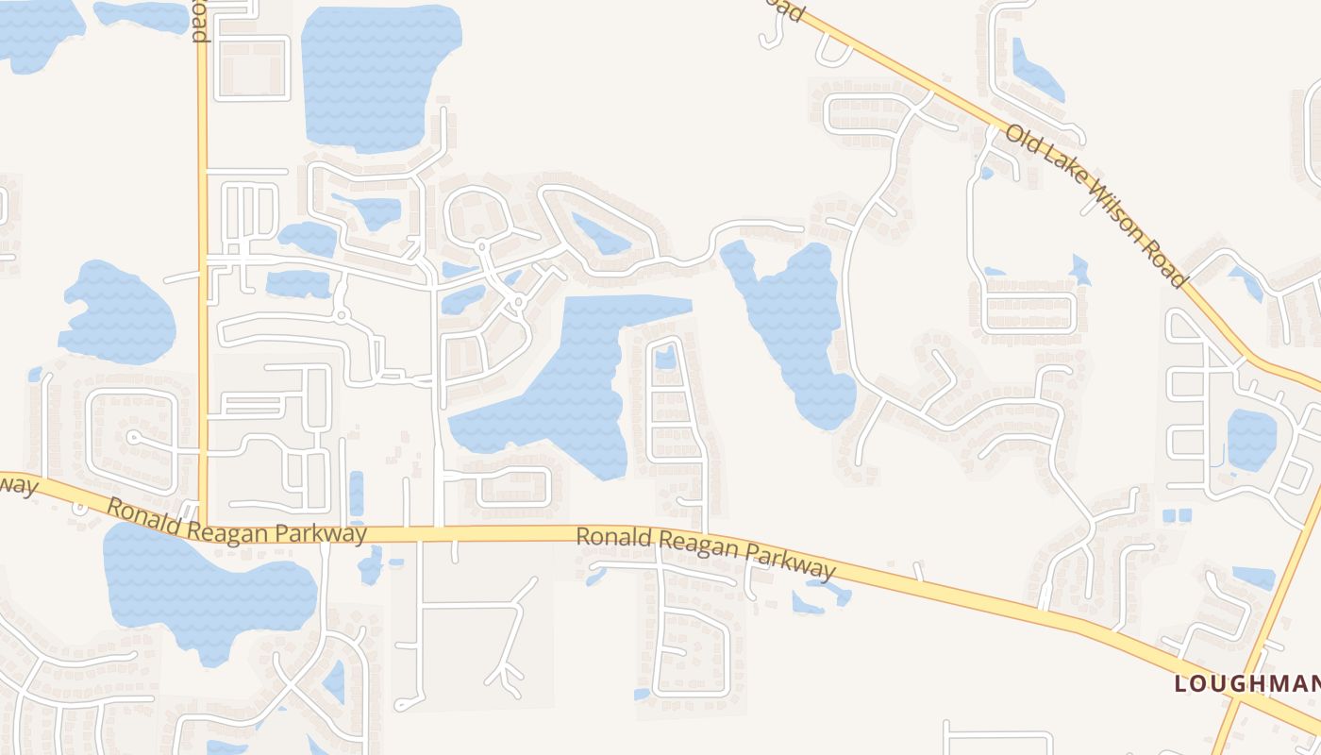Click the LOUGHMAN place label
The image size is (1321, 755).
point(1246,683)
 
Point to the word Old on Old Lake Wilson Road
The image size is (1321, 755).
point(1021,137)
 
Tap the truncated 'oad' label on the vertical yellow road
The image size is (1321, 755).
point(200,21)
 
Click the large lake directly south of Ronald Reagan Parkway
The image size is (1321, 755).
point(208,590)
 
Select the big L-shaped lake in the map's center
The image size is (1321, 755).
point(566,387)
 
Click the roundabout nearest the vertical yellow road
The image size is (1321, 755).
point(341,313)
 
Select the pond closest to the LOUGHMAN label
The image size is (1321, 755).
point(1253,578)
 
